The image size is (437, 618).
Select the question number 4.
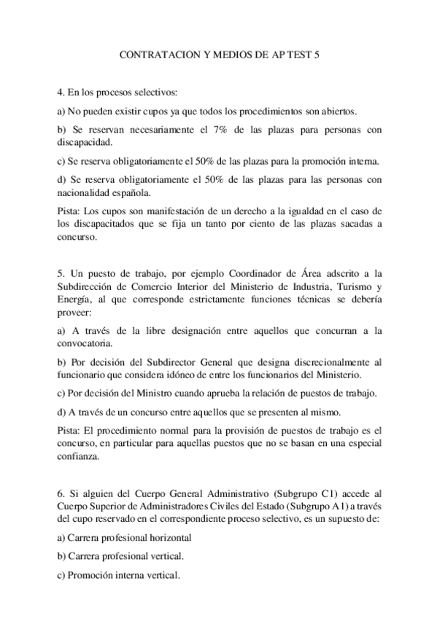59,93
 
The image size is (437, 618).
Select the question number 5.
59,273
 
